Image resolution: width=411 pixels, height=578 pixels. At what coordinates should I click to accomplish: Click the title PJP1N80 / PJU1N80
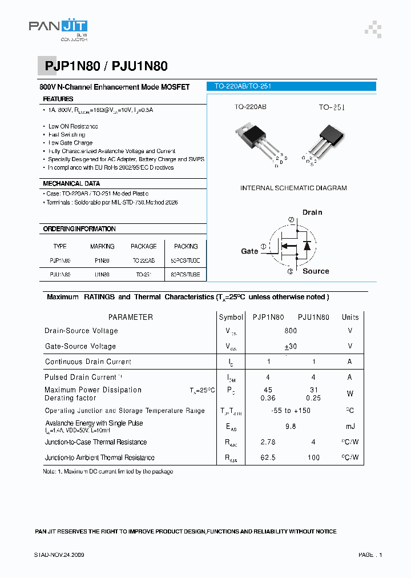106,67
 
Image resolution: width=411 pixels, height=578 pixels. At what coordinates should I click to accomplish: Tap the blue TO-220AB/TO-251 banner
291,87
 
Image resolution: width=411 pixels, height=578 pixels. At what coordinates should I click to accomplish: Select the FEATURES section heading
58,99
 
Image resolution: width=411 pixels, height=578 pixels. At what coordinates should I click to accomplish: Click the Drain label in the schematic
312,212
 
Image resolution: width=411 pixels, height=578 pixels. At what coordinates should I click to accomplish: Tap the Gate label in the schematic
249,251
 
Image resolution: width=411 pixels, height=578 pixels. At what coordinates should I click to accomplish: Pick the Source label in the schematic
316,271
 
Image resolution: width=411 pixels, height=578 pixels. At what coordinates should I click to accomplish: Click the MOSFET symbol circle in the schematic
292,245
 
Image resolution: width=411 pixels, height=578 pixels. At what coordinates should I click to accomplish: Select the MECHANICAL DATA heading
71,184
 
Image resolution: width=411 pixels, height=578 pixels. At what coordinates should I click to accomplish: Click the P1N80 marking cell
102,260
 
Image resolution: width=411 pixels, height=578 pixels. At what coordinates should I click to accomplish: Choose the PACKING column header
186,247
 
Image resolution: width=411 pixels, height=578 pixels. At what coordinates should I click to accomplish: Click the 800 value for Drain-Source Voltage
291,331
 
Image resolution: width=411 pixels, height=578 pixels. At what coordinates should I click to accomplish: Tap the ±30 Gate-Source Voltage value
291,347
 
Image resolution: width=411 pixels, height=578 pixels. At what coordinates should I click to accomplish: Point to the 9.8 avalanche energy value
290,426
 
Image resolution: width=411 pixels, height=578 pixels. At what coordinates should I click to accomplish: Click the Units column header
350,317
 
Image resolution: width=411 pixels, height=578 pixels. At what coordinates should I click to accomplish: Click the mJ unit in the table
350,426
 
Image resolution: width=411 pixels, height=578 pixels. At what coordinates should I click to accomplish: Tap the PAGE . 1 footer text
370,555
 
